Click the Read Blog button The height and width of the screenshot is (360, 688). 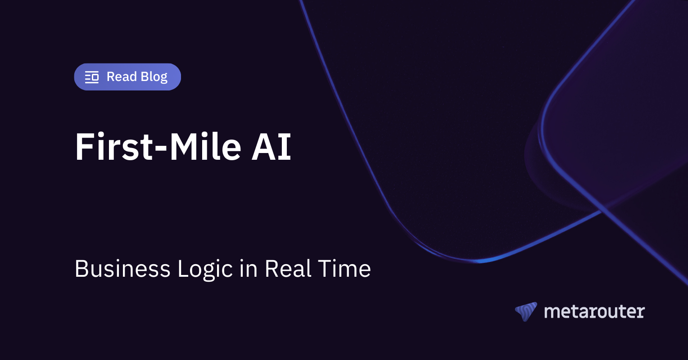127,77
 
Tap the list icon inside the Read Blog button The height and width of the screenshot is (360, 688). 92,77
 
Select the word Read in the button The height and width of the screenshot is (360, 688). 122,77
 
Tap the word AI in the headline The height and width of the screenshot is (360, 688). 272,147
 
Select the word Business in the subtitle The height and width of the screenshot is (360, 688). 122,269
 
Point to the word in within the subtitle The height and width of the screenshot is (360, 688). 249,269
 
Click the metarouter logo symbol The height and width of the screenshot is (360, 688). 526,311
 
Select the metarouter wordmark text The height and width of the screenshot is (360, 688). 594,311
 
